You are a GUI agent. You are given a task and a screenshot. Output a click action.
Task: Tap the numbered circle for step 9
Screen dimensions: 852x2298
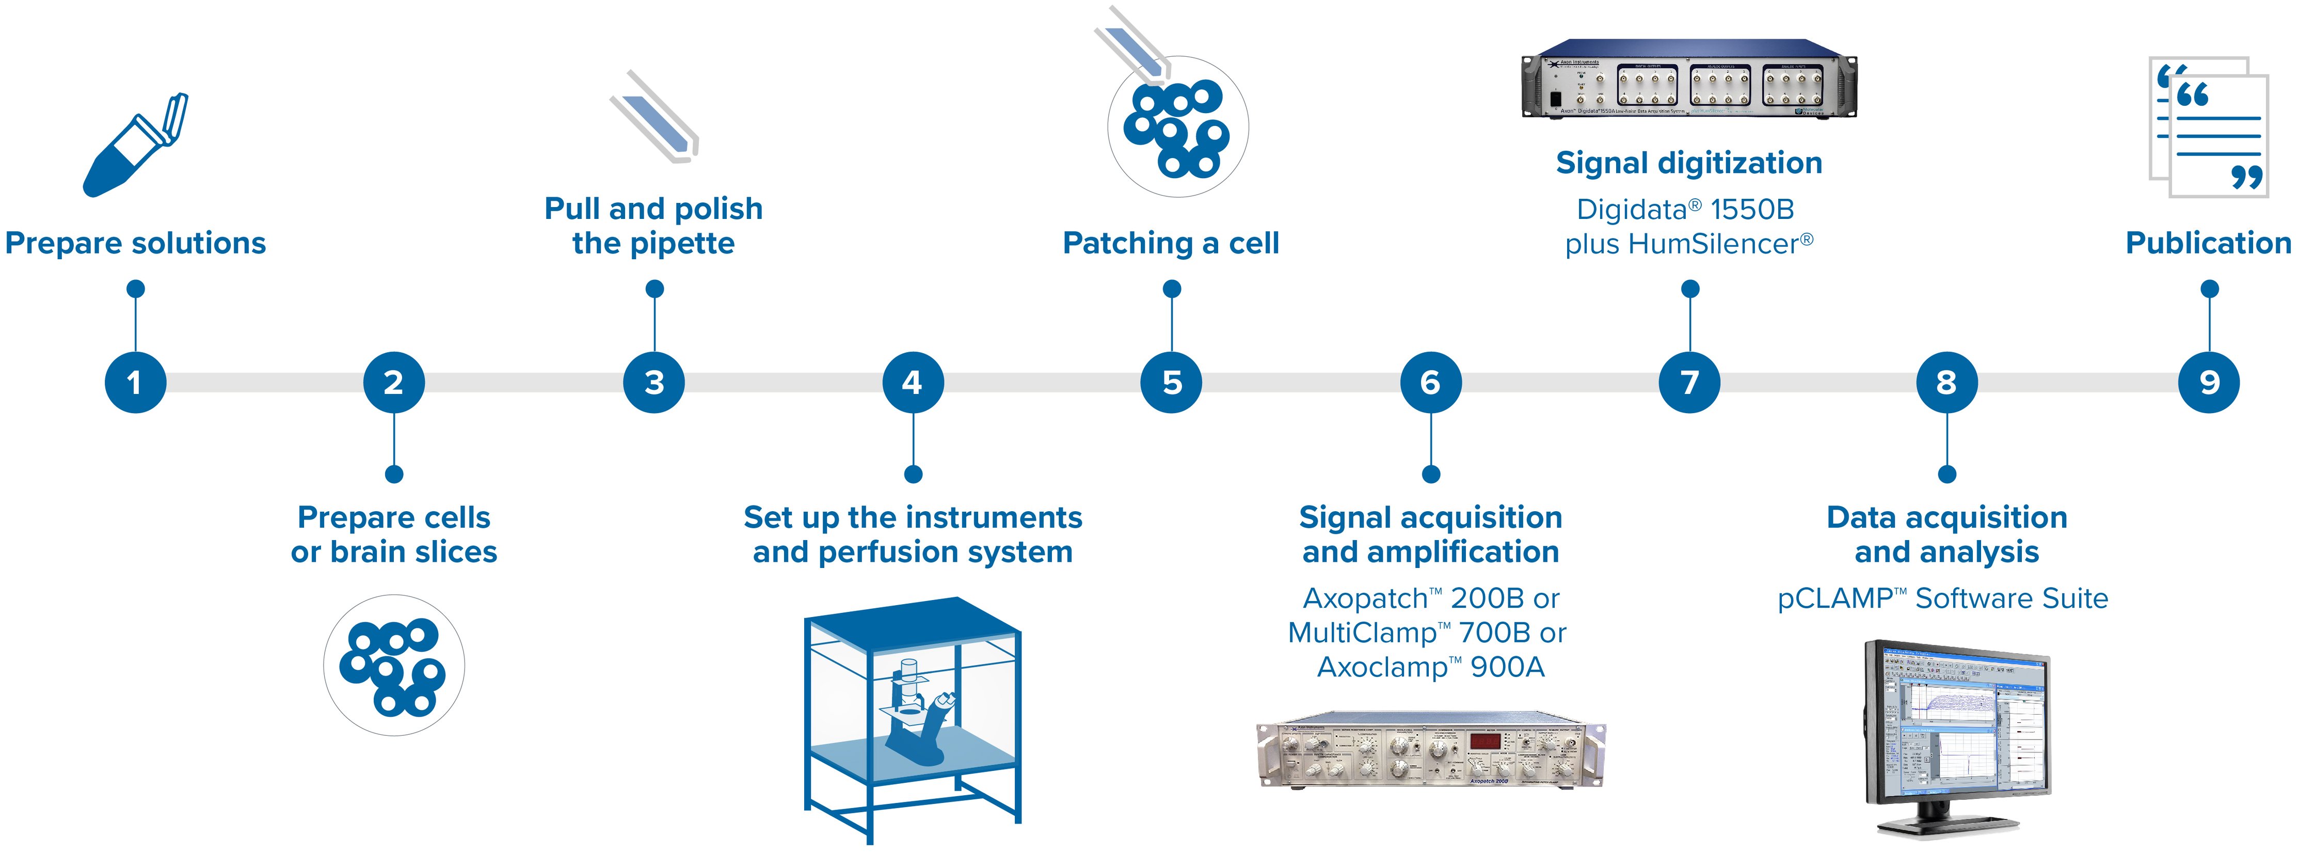click(2209, 383)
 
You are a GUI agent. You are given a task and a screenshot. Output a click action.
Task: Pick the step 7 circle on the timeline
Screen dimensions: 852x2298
click(1689, 383)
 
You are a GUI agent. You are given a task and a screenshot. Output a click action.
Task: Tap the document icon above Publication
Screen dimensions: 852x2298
click(2209, 127)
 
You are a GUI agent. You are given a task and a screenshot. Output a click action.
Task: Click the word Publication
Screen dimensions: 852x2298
click(2208, 243)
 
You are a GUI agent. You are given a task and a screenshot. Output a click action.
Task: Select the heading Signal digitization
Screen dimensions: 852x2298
click(1689, 163)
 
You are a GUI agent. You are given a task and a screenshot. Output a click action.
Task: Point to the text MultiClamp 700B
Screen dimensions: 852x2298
click(1410, 633)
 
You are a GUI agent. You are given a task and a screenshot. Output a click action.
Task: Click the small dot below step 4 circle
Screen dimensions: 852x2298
click(913, 474)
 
